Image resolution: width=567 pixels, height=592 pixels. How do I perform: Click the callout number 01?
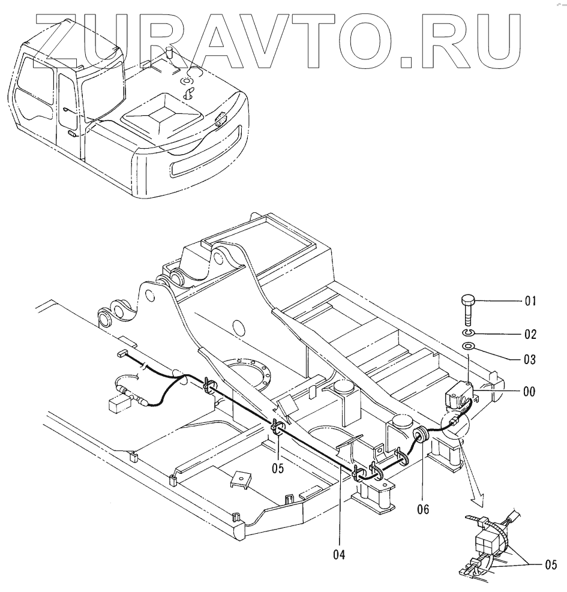(x=529, y=302)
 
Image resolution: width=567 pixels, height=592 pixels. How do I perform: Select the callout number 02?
(x=529, y=333)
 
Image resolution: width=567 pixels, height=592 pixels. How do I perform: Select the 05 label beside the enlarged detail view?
(x=550, y=564)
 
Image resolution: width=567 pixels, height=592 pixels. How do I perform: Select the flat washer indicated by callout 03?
(x=469, y=345)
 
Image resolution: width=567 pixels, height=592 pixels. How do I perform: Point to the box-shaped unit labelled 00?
(x=458, y=396)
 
